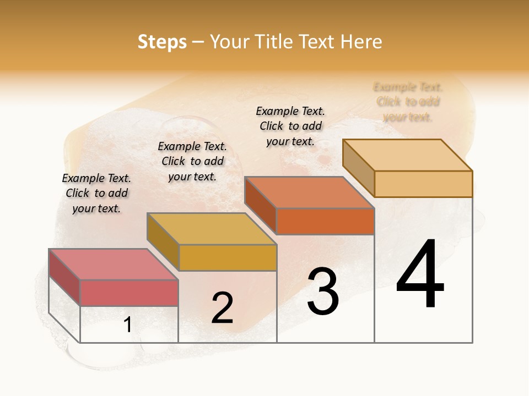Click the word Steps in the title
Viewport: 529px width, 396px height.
coord(162,42)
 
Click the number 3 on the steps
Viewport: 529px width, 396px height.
coord(323,291)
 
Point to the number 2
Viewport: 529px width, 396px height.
coord(222,308)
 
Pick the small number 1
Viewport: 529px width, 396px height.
coord(128,325)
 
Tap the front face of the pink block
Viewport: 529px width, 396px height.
coord(129,293)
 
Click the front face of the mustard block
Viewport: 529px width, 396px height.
coord(228,257)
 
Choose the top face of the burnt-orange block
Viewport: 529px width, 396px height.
coord(309,193)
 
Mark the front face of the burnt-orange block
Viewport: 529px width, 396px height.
coord(325,221)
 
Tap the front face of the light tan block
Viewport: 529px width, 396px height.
coord(423,184)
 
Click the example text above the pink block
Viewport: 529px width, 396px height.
coord(96,193)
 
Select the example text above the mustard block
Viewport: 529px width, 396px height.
coord(192,161)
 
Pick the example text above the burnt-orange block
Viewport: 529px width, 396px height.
coord(290,126)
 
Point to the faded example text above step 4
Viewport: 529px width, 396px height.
coord(408,102)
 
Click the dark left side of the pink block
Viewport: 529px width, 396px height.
coord(64,277)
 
